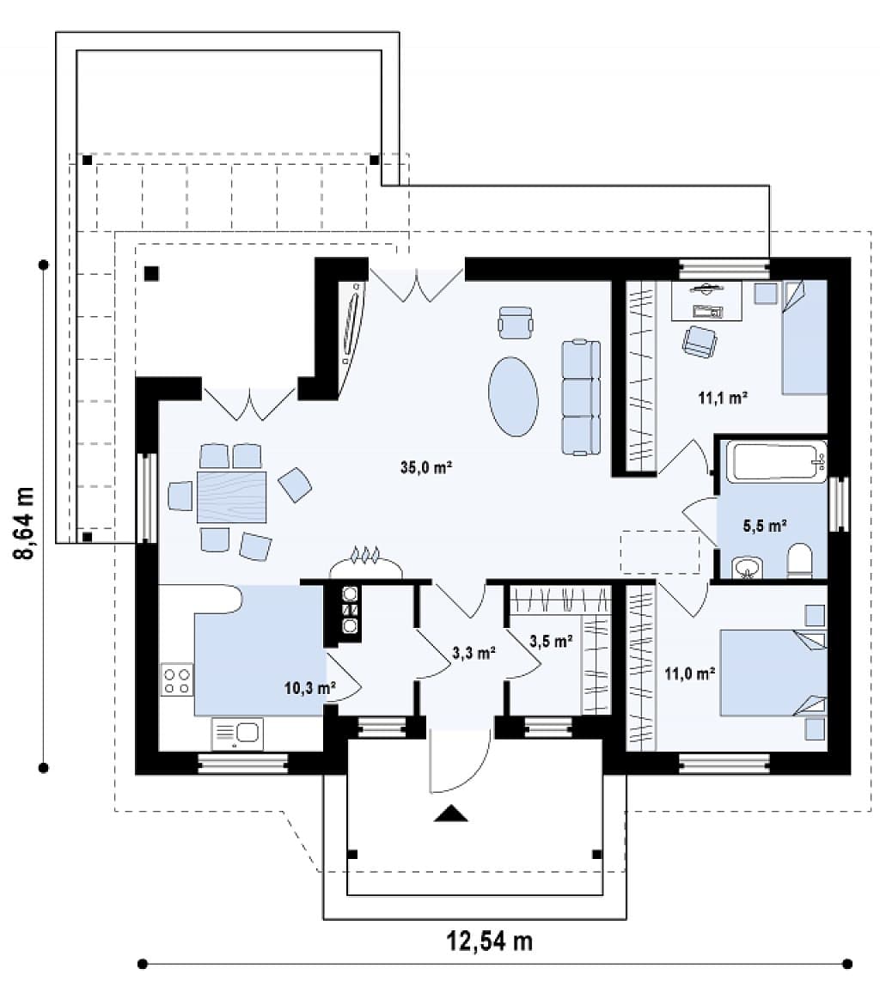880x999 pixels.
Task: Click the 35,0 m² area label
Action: point(425,467)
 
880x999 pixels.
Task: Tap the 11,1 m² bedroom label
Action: point(723,399)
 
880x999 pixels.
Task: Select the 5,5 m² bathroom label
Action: point(764,526)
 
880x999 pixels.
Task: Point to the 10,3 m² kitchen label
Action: point(309,688)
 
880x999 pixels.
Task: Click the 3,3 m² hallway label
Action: point(474,653)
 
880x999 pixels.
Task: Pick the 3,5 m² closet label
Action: point(551,641)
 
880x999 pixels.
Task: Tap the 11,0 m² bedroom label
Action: point(689,673)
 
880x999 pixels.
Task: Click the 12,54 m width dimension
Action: point(489,941)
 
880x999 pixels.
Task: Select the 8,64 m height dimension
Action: point(24,521)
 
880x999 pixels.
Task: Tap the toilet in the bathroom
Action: point(798,561)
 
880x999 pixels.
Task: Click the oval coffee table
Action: point(513,396)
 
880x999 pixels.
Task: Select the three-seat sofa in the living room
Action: point(581,398)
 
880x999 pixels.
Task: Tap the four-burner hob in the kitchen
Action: point(176,679)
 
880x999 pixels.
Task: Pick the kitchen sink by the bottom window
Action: point(237,734)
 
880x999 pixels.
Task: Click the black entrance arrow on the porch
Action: point(451,813)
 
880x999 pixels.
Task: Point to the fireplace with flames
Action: point(366,562)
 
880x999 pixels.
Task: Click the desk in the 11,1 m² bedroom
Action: point(707,300)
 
